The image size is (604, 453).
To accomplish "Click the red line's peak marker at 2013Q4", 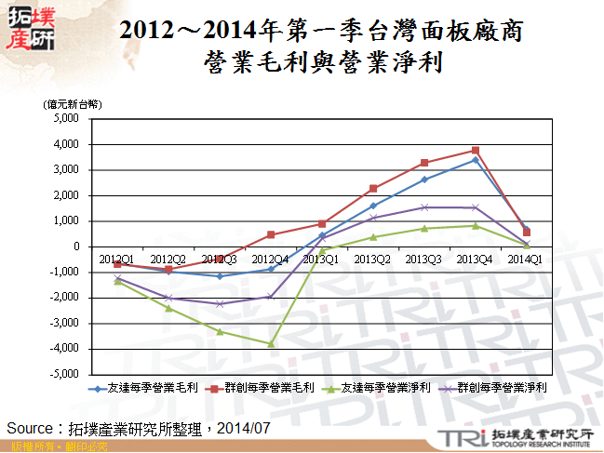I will [x=476, y=150].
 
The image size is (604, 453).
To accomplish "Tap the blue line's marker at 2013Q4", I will [x=476, y=160].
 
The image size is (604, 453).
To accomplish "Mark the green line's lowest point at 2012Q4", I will [x=271, y=343].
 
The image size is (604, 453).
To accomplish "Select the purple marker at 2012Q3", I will [x=220, y=303].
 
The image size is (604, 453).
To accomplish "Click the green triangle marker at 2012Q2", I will [x=168, y=308].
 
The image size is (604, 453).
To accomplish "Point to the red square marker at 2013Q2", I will [x=373, y=188].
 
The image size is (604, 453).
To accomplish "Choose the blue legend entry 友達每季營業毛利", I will [x=141, y=388].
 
